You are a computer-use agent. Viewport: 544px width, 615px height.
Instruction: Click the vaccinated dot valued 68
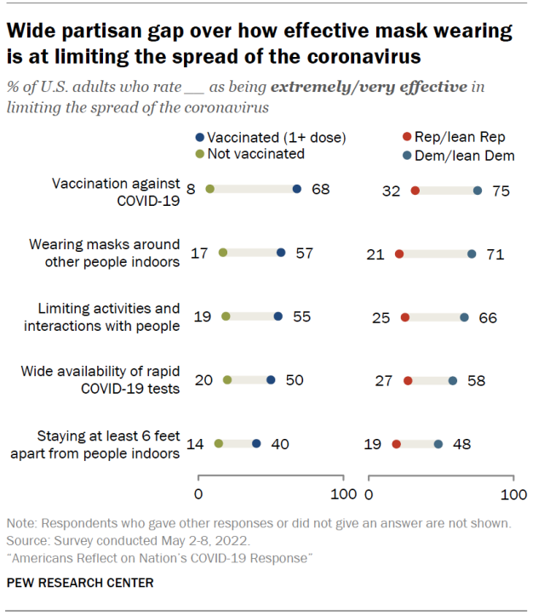(x=297, y=190)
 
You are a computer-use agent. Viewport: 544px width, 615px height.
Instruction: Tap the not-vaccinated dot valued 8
(x=210, y=190)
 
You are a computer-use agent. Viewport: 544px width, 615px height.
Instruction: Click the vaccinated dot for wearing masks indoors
(x=281, y=253)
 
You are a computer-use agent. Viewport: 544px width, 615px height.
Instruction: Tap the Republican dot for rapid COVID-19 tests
(x=408, y=380)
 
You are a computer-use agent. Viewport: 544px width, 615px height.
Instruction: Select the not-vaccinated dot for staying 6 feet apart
(x=219, y=443)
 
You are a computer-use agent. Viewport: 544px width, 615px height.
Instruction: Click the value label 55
(x=301, y=316)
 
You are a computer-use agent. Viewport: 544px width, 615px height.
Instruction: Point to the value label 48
(x=461, y=443)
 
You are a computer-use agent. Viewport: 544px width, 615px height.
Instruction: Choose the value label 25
(x=381, y=316)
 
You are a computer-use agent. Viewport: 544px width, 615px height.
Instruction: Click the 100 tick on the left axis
(x=343, y=495)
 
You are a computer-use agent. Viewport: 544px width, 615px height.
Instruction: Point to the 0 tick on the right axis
(x=369, y=495)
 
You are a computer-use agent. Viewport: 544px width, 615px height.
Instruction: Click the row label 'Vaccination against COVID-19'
(x=117, y=191)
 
